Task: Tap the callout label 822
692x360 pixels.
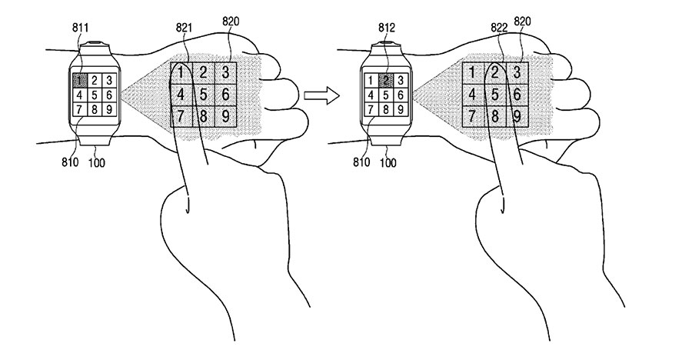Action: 499,25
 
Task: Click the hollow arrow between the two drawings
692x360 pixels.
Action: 322,95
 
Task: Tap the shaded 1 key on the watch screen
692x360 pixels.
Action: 79,79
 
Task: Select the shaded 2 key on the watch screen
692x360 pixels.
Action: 388,79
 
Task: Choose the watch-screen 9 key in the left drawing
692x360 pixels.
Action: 110,109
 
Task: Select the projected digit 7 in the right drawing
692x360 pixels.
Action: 471,117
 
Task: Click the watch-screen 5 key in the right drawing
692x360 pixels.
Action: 388,95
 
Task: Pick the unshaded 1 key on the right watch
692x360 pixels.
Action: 372,79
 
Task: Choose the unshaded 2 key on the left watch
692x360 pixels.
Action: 95,79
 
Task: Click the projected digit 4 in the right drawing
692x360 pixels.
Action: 471,95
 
